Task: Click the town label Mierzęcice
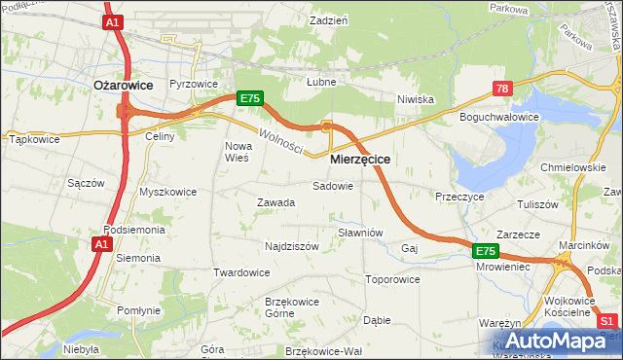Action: [360, 158]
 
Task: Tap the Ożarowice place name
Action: [123, 86]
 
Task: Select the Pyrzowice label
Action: [194, 85]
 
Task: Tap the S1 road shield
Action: [608, 320]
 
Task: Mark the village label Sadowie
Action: [332, 186]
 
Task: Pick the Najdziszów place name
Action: [292, 247]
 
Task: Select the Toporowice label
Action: [392, 279]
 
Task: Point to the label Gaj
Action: [409, 248]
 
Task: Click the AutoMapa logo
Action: [552, 342]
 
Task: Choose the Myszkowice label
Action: [167, 192]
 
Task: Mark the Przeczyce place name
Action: [460, 196]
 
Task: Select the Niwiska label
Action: [415, 99]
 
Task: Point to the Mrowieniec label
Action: [503, 265]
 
